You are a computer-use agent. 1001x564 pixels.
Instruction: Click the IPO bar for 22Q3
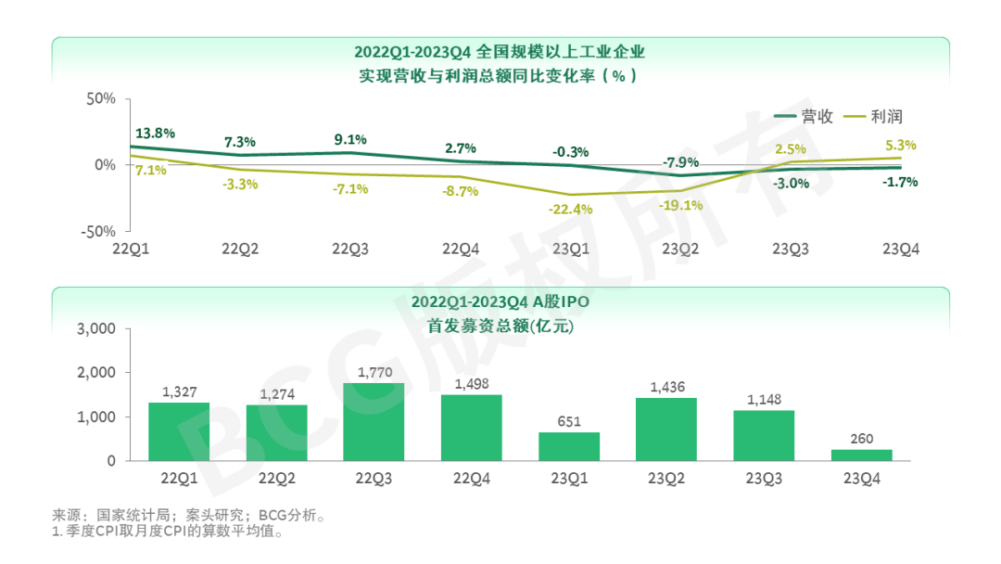[374, 422]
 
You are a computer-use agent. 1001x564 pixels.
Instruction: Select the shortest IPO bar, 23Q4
[861, 455]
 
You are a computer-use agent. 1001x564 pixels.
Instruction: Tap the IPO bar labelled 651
[569, 446]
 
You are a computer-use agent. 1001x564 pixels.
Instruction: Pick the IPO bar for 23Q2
[666, 429]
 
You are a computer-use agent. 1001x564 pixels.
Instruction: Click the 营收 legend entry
[804, 117]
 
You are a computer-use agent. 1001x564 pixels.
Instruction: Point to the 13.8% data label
[155, 134]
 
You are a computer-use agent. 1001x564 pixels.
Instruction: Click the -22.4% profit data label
[570, 209]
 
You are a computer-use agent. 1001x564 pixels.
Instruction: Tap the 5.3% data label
[901, 145]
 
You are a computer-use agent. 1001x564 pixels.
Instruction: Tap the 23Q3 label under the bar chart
[764, 478]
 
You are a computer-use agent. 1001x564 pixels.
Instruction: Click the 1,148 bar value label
[764, 400]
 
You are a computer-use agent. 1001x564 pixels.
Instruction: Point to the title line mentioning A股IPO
[500, 302]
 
